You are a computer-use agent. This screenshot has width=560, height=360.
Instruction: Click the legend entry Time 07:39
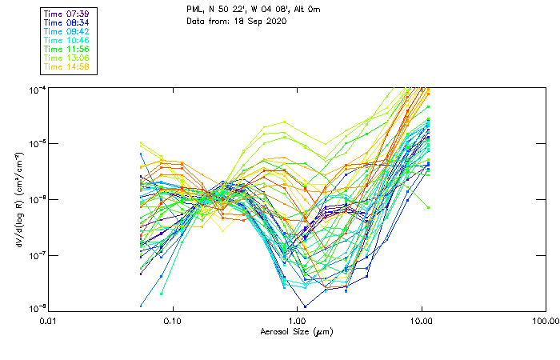coord(66,14)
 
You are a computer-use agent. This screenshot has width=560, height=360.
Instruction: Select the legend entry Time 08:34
coord(66,22)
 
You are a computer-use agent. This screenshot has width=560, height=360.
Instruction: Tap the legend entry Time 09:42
coord(66,31)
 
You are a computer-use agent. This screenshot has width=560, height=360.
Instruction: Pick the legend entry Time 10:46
coord(66,40)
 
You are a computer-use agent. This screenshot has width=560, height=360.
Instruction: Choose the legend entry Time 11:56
coord(66,49)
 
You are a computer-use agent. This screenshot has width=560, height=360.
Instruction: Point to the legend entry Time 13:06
coord(66,58)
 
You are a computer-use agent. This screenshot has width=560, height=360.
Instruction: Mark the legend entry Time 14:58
coord(66,66)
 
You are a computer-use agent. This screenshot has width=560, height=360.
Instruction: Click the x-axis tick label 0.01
coord(48,322)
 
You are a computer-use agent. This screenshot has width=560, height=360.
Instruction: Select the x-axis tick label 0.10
coord(172,322)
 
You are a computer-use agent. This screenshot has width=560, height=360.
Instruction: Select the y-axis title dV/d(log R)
coord(18,198)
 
